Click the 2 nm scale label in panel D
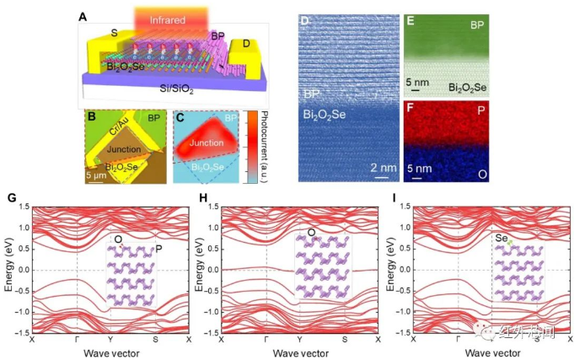pyautogui.click(x=383, y=167)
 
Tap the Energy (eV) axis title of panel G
pyautogui.click(x=8, y=271)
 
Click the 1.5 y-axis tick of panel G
pyautogui.click(x=24, y=207)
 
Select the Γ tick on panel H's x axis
pyautogui.click(x=266, y=340)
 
